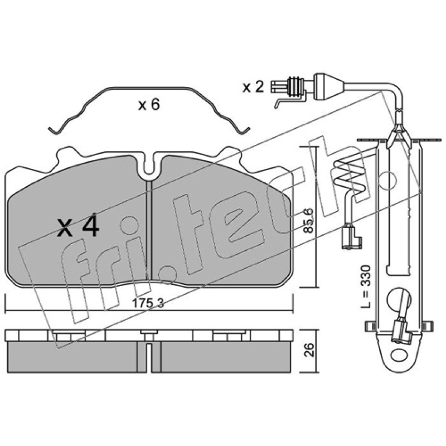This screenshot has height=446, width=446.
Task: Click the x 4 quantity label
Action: [x=78, y=227]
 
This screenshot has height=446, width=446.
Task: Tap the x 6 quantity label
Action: [x=149, y=105]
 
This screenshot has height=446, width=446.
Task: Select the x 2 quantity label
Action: [x=253, y=87]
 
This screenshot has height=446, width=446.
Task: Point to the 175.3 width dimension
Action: [x=148, y=303]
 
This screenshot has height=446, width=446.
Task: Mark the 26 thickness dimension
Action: [x=309, y=350]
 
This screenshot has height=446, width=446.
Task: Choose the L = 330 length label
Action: [x=365, y=287]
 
